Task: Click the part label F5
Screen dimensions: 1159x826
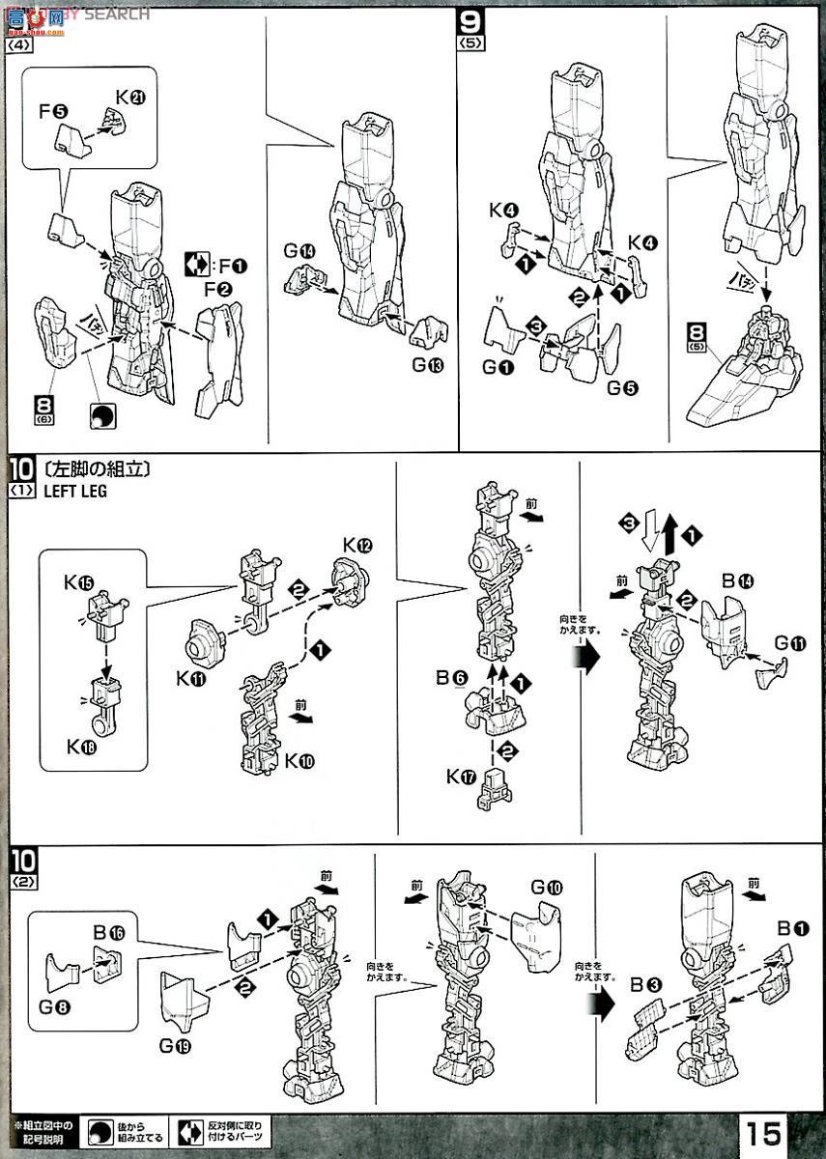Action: [53, 111]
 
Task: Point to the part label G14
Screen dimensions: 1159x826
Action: [299, 253]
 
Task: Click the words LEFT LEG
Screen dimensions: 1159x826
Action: [74, 491]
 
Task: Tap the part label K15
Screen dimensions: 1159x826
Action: [78, 582]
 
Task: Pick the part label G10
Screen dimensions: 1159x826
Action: [546, 887]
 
